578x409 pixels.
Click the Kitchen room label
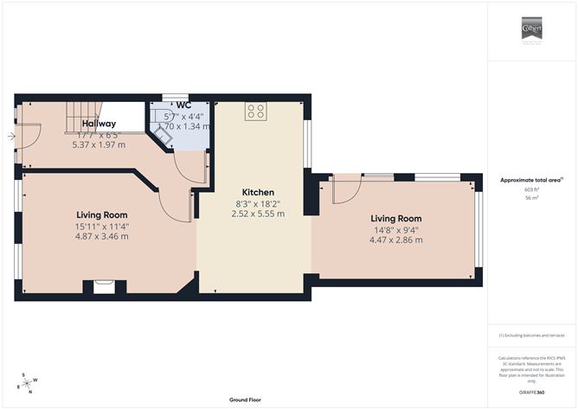[258, 192]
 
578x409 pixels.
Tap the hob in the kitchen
[256, 111]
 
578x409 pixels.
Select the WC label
[183, 105]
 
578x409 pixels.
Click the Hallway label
[99, 124]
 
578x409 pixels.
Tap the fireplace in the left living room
[102, 286]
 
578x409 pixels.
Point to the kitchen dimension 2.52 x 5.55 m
[258, 214]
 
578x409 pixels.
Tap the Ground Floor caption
[246, 399]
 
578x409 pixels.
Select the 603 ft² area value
[531, 189]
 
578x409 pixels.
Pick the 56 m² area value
[531, 198]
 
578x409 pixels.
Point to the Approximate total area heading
[531, 180]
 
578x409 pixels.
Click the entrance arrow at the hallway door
[10, 136]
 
